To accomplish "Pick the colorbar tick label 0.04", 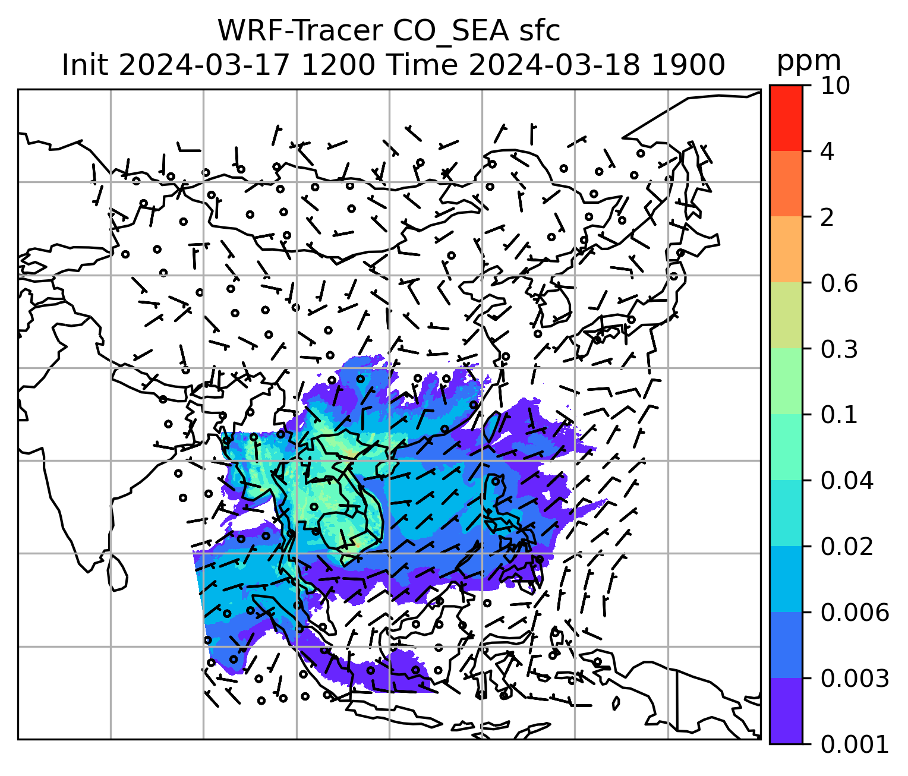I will tap(847, 481).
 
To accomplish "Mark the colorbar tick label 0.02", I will tap(847, 547).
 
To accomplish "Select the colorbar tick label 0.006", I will tap(855, 613).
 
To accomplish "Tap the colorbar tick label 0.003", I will tap(855, 678).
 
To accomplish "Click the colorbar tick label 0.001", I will tap(855, 744).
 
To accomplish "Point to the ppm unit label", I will tap(809, 61).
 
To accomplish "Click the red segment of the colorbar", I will tap(786, 118).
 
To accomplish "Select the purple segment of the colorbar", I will tap(786, 711).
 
